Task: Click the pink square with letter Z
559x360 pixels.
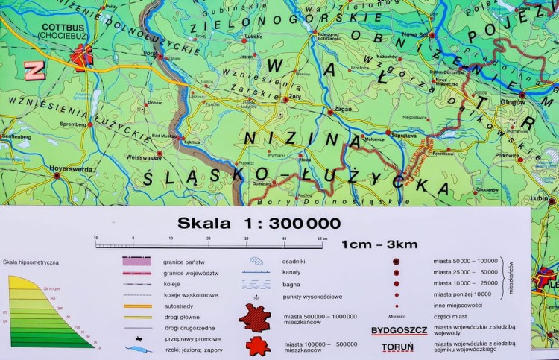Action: [34, 70]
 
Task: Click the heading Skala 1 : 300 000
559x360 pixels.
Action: [259, 223]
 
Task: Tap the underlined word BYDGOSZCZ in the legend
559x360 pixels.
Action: [398, 330]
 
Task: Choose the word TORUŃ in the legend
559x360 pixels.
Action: [398, 346]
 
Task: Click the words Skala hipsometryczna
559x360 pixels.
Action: [31, 262]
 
